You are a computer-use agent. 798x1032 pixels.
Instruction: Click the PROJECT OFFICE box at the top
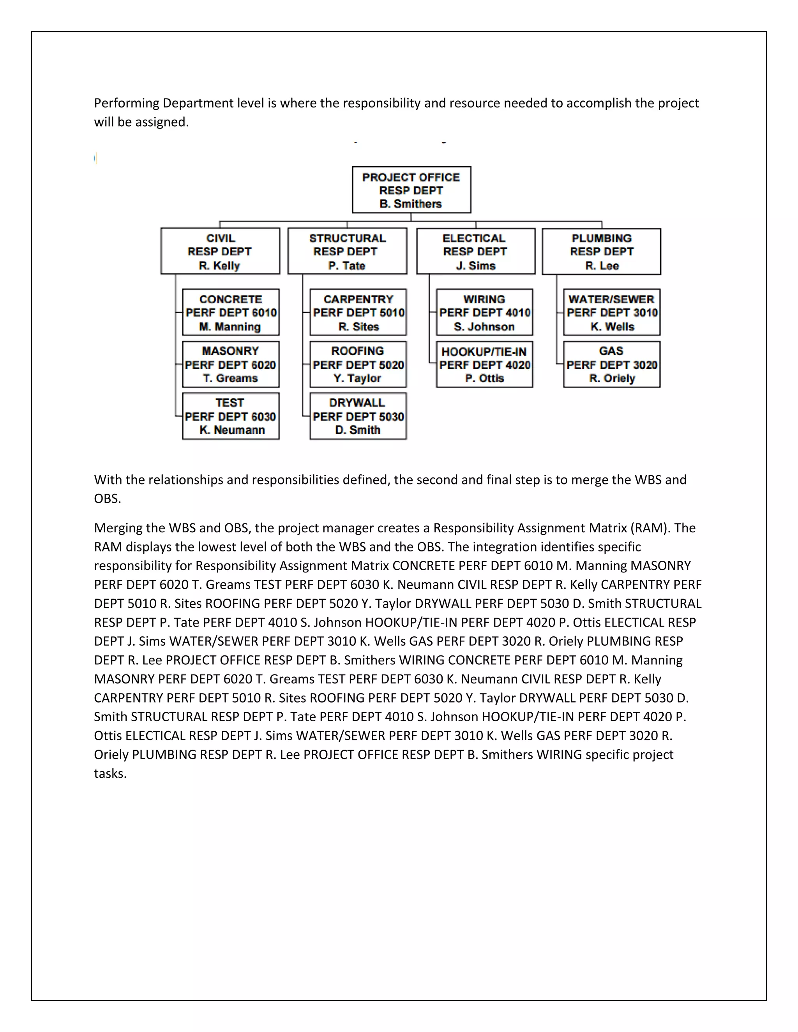411,190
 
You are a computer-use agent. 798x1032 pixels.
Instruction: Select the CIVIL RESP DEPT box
220,252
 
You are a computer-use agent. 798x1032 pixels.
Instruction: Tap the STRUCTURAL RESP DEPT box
347,252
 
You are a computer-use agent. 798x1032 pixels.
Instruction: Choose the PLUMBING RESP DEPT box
601,252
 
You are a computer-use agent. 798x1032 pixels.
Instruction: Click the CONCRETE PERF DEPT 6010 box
231,312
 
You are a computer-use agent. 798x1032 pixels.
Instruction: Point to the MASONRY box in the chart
231,365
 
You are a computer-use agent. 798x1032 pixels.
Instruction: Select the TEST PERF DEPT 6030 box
231,416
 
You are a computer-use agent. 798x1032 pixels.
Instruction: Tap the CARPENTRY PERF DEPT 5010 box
358,312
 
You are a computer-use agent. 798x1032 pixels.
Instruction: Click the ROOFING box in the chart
358,365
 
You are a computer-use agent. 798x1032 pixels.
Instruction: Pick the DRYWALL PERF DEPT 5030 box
358,416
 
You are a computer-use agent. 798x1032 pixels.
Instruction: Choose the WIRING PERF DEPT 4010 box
485,312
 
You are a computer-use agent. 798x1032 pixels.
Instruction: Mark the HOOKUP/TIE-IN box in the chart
485,365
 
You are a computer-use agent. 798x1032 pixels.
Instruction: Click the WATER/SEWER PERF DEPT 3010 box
612,312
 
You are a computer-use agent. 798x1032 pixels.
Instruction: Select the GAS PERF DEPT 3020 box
612,365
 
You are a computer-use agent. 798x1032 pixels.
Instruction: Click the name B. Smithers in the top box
410,204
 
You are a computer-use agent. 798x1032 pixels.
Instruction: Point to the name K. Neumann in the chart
232,430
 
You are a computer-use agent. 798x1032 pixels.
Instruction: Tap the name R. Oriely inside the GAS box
612,379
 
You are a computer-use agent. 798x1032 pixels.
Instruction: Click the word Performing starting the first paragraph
126,103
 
